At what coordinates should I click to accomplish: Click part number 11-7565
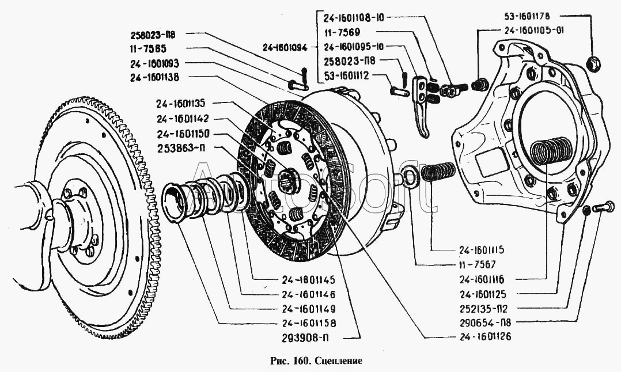(x=149, y=49)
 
